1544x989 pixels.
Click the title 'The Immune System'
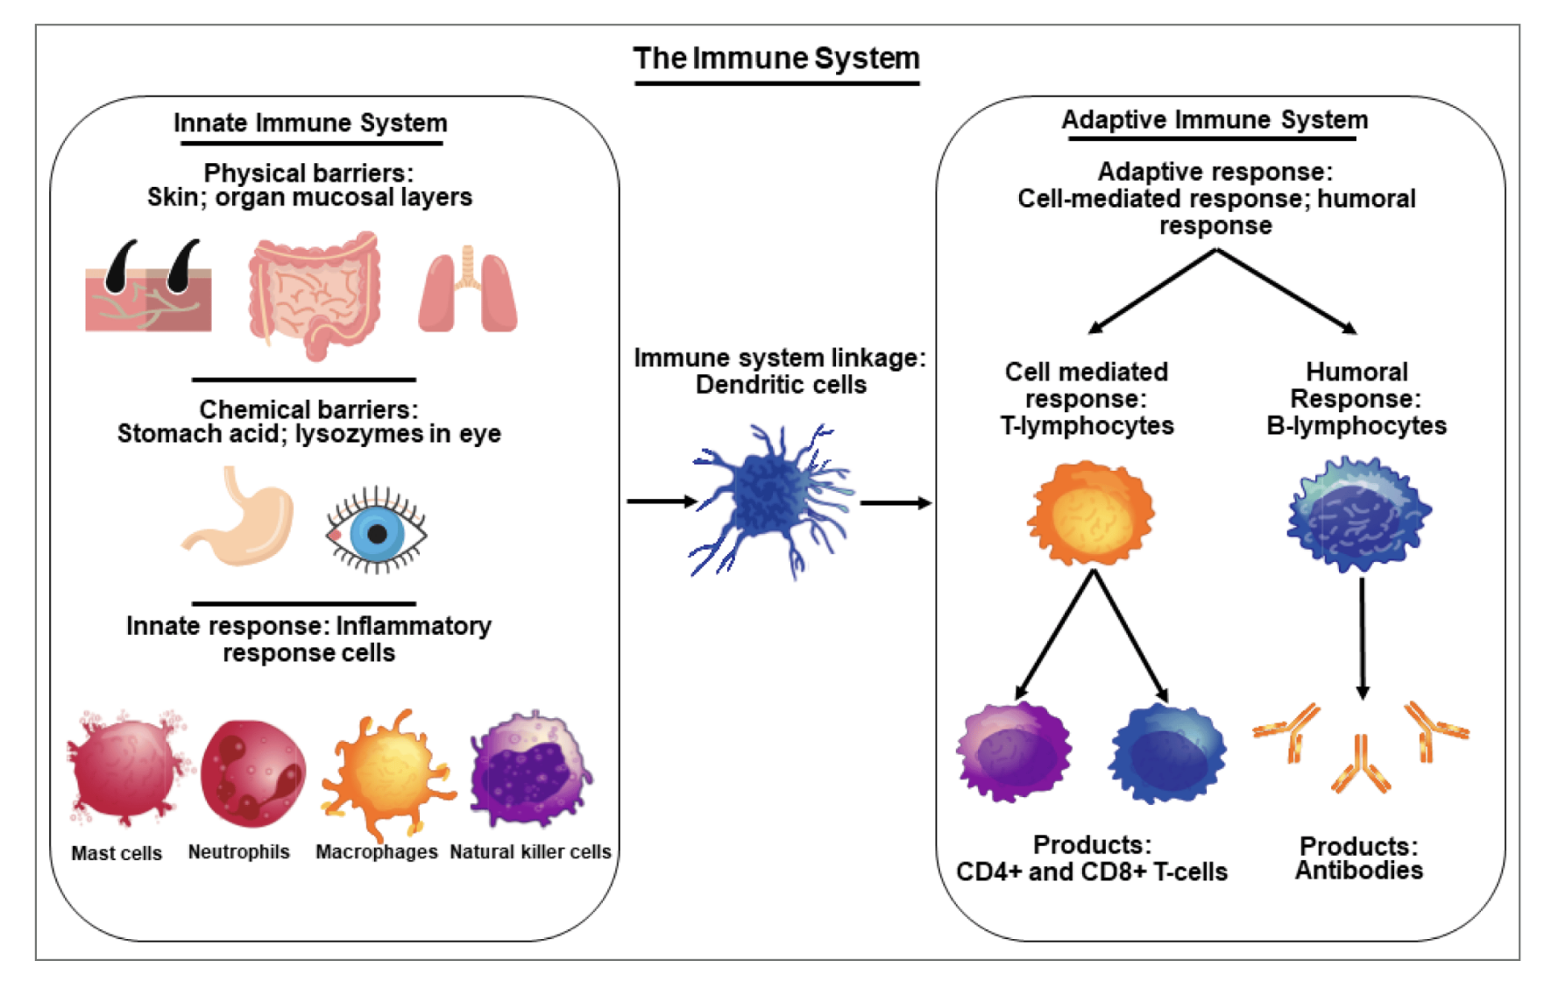coord(776,59)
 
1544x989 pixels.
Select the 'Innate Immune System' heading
coord(310,123)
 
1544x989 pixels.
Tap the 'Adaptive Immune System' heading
coord(1215,120)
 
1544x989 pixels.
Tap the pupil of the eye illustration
coord(378,533)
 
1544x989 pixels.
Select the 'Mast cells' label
coord(117,853)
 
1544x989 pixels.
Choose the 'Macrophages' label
coord(377,851)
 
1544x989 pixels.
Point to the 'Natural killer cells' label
coord(530,851)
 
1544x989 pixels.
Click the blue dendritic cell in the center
coord(771,500)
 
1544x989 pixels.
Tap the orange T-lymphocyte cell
coord(1090,513)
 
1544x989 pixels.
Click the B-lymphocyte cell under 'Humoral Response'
coord(1358,514)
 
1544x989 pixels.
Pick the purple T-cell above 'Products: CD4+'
coord(1014,752)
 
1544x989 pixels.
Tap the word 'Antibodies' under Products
coord(1359,871)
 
